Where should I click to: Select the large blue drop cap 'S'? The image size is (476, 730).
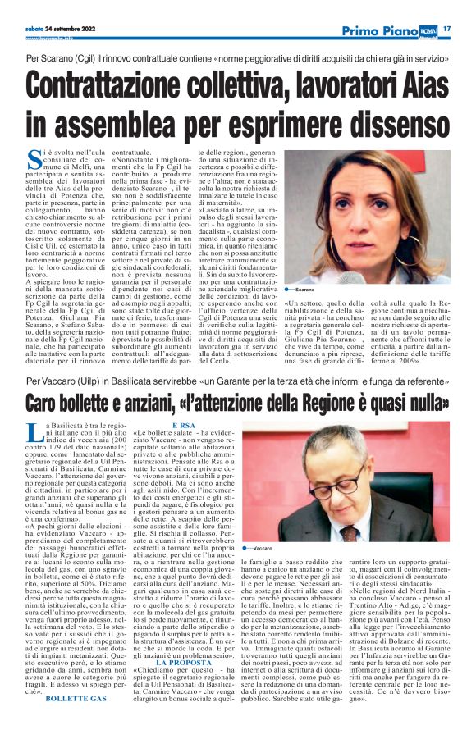coord(33,159)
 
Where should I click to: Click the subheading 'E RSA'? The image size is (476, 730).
coord(183,426)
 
